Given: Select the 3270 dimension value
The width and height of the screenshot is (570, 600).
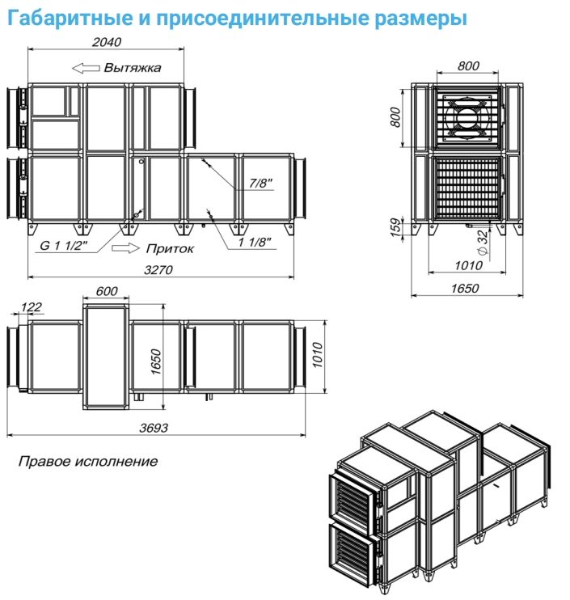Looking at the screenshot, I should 158,270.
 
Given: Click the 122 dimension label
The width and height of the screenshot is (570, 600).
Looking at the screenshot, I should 32,306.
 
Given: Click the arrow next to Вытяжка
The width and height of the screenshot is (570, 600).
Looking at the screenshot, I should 84,68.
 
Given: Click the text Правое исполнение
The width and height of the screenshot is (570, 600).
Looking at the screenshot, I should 87,462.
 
